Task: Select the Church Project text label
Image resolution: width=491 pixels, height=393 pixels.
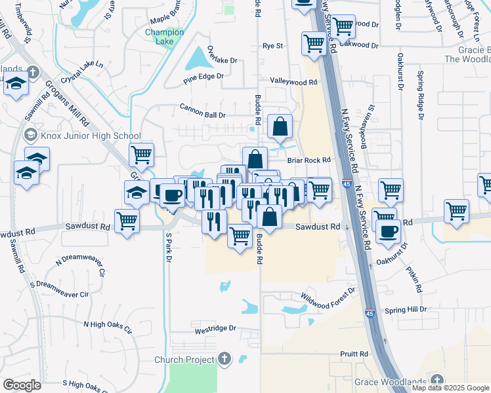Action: [184, 360]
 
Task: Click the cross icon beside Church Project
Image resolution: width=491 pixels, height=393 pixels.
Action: [224, 359]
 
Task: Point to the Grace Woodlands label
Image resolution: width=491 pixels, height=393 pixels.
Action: [391, 382]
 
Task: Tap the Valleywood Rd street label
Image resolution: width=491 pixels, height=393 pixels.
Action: [293, 82]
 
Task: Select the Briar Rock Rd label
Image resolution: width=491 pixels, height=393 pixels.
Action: [308, 159]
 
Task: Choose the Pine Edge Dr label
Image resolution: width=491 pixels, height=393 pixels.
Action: [203, 77]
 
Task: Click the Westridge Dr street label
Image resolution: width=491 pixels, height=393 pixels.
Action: [215, 330]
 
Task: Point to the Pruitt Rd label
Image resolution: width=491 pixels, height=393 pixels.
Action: [354, 354]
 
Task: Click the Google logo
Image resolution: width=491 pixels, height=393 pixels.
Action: [22, 385]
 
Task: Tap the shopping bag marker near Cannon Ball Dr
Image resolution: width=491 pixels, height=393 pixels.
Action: [280, 127]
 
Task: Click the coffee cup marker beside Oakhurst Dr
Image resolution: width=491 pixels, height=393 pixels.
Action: [388, 231]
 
